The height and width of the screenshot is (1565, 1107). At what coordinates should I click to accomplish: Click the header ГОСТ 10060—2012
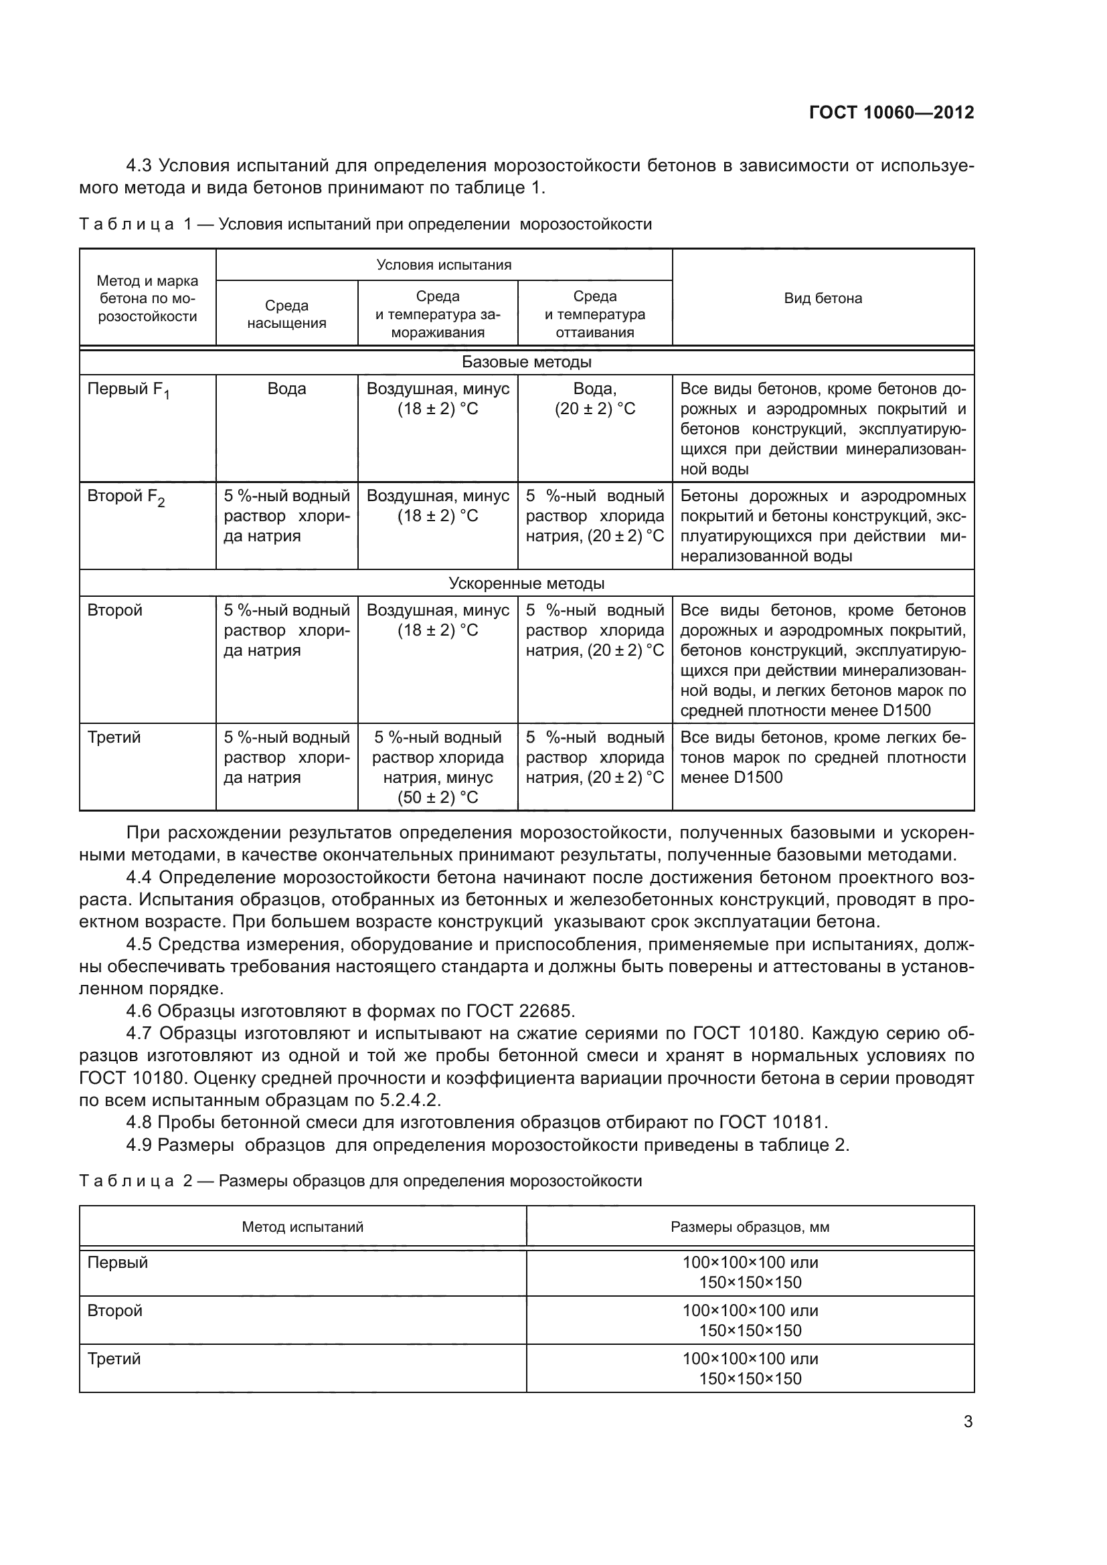click(891, 112)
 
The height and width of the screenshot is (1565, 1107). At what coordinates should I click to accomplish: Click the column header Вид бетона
click(823, 298)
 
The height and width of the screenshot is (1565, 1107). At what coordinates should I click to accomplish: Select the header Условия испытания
click(444, 265)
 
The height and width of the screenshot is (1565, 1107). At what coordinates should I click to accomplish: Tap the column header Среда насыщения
click(286, 314)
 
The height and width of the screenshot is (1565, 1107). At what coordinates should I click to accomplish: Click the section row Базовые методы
click(526, 362)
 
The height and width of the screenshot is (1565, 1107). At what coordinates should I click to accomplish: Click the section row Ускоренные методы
click(526, 583)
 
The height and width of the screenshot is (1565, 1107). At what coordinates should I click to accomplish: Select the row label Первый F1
click(128, 391)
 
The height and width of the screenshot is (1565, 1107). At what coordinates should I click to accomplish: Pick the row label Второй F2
click(126, 498)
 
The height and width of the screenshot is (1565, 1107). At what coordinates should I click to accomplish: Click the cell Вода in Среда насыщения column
click(286, 389)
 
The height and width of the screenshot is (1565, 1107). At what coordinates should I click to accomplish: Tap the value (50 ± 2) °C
click(438, 798)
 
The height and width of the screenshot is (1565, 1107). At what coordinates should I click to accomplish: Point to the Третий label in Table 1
click(114, 737)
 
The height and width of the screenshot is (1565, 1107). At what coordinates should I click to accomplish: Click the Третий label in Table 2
click(114, 1358)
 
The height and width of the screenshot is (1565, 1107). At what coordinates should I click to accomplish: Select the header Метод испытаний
click(303, 1227)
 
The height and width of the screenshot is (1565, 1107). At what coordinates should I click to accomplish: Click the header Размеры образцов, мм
click(750, 1227)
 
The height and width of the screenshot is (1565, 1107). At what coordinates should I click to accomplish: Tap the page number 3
click(968, 1422)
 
